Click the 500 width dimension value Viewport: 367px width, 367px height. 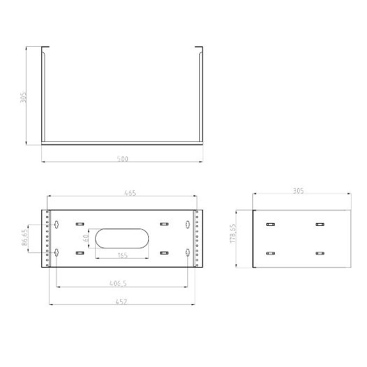click(123, 159)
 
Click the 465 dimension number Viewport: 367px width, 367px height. click(129, 193)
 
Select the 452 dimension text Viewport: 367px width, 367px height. click(123, 301)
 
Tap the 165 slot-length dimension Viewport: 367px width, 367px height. click(122, 255)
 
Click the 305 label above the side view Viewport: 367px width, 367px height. click(300, 189)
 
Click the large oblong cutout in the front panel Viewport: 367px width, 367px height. click(122, 238)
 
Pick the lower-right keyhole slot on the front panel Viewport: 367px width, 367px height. click(187, 252)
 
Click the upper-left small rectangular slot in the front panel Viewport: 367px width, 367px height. click(76, 224)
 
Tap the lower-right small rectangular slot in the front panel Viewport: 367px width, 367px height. click(164, 253)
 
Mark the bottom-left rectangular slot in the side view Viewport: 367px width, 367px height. click(271, 253)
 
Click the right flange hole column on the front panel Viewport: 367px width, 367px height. click(199, 238)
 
